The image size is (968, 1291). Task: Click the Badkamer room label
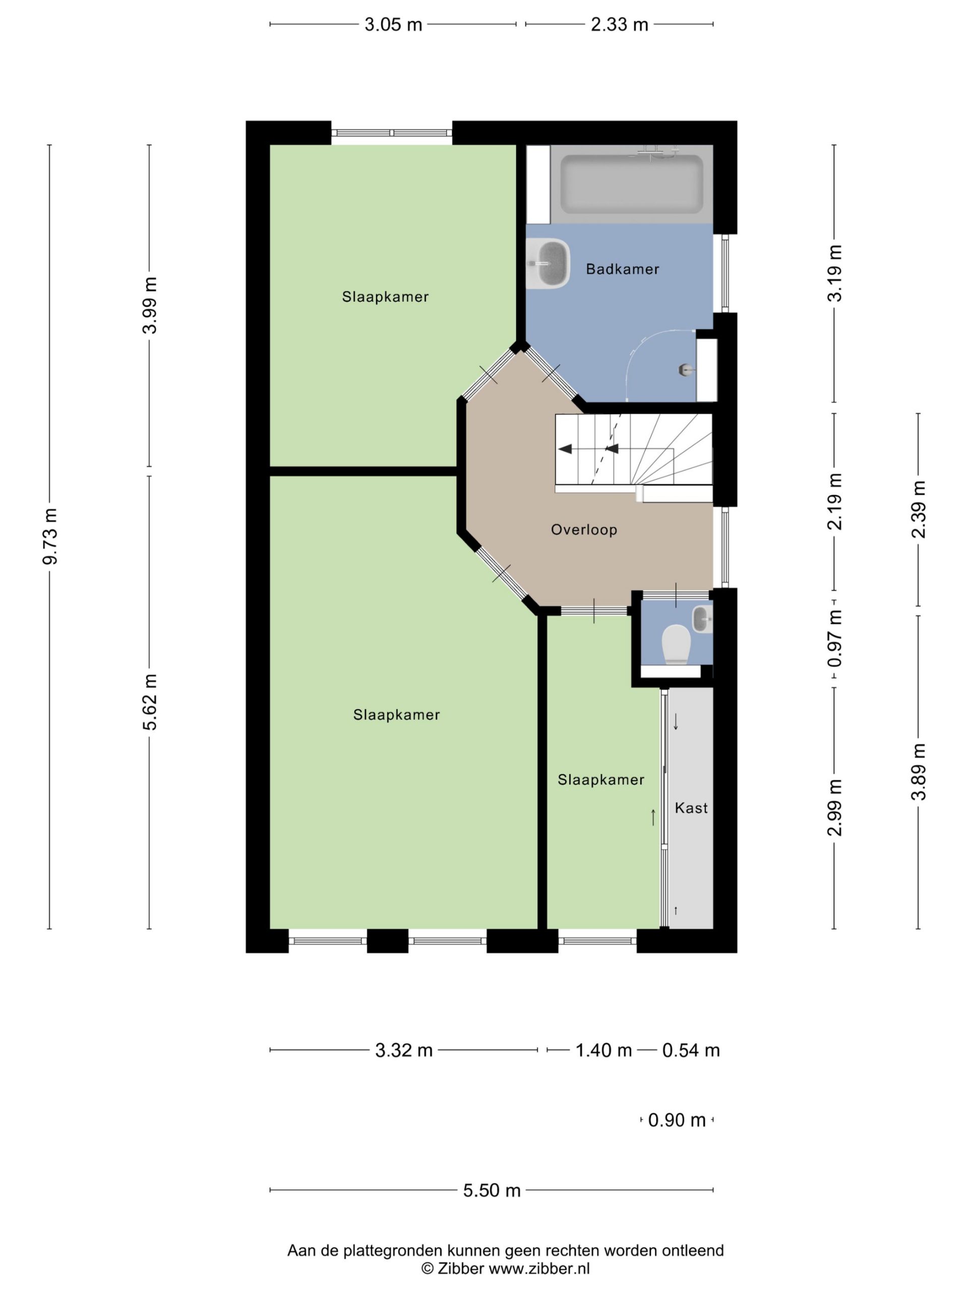pyautogui.click(x=622, y=269)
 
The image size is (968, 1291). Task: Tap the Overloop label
pyautogui.click(x=583, y=530)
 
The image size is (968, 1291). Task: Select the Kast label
pyautogui.click(x=691, y=808)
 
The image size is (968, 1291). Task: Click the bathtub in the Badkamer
pyautogui.click(x=631, y=184)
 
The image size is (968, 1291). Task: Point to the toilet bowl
pyautogui.click(x=676, y=644)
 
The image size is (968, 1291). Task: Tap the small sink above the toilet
pyautogui.click(x=702, y=619)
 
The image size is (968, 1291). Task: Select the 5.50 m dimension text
pyautogui.click(x=492, y=1191)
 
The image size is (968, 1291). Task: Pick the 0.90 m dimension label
pyautogui.click(x=677, y=1120)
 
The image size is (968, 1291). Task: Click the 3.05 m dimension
pyautogui.click(x=393, y=25)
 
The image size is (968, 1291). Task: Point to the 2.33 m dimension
pyautogui.click(x=620, y=25)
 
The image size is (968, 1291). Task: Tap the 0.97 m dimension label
pyautogui.click(x=835, y=638)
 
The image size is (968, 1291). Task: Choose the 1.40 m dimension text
pyautogui.click(x=604, y=1050)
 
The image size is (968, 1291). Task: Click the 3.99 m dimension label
pyautogui.click(x=150, y=305)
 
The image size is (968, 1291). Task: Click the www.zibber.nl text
pyautogui.click(x=539, y=1268)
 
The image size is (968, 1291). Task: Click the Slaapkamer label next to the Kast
pyautogui.click(x=601, y=780)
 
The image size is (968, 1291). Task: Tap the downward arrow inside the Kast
pyautogui.click(x=676, y=722)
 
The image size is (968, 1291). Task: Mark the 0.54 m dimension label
pyautogui.click(x=691, y=1050)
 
